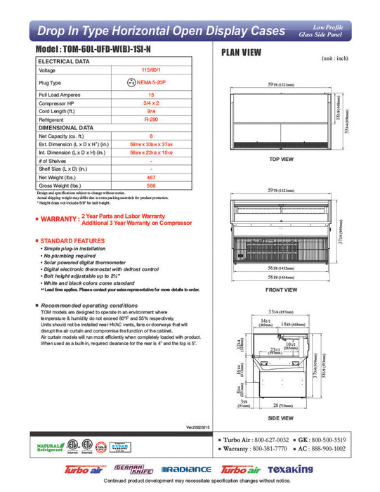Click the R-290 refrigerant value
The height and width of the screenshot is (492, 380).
pos(150,120)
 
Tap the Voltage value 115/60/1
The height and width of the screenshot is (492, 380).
pos(150,70)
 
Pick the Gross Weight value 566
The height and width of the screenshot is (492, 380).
pos(150,186)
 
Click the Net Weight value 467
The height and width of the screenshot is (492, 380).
pos(150,178)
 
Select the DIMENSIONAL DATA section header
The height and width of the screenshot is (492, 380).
pos(65,128)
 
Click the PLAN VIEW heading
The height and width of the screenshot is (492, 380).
pos(243,52)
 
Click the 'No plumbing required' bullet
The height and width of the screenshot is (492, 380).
pos(73,256)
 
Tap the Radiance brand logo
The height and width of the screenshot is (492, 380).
pos(185,470)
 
